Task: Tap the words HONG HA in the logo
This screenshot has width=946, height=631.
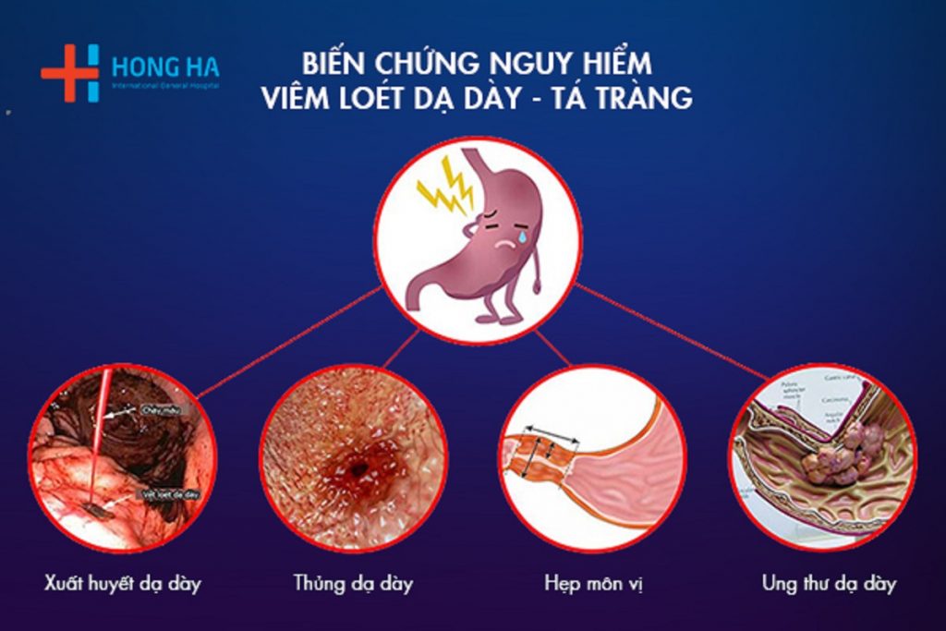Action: pyautogui.click(x=165, y=67)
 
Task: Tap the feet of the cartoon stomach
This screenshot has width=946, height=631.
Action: pyautogui.click(x=498, y=318)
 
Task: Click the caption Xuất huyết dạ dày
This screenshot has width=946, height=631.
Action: pyautogui.click(x=122, y=583)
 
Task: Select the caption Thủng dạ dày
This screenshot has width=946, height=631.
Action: pyautogui.click(x=353, y=583)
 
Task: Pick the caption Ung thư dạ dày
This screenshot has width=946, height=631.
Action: pyautogui.click(x=829, y=583)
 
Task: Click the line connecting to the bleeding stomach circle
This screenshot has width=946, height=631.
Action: pyautogui.click(x=286, y=342)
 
